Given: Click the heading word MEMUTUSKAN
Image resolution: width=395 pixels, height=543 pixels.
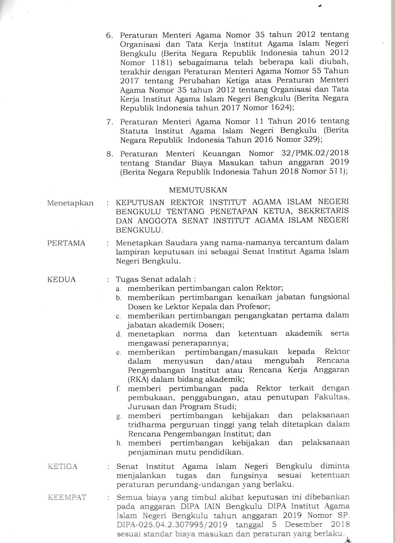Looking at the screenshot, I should pyautogui.click(x=198, y=190).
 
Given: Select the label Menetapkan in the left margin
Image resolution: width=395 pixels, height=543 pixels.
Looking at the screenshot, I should pyautogui.click(x=70, y=203).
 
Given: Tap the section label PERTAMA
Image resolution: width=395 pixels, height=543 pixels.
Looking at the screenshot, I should pyautogui.click(x=66, y=243).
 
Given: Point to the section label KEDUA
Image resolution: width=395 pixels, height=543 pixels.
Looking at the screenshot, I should pyautogui.click(x=61, y=279).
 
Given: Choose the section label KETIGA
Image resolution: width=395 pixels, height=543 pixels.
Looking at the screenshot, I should pyautogui.click(x=63, y=466).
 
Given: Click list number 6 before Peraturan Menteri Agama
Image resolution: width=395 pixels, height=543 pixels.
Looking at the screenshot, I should pyautogui.click(x=110, y=35).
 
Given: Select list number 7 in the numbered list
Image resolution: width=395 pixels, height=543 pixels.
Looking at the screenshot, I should pyautogui.click(x=109, y=122).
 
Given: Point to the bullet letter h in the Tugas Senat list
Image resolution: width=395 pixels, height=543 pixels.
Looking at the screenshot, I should pyautogui.click(x=119, y=443).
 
